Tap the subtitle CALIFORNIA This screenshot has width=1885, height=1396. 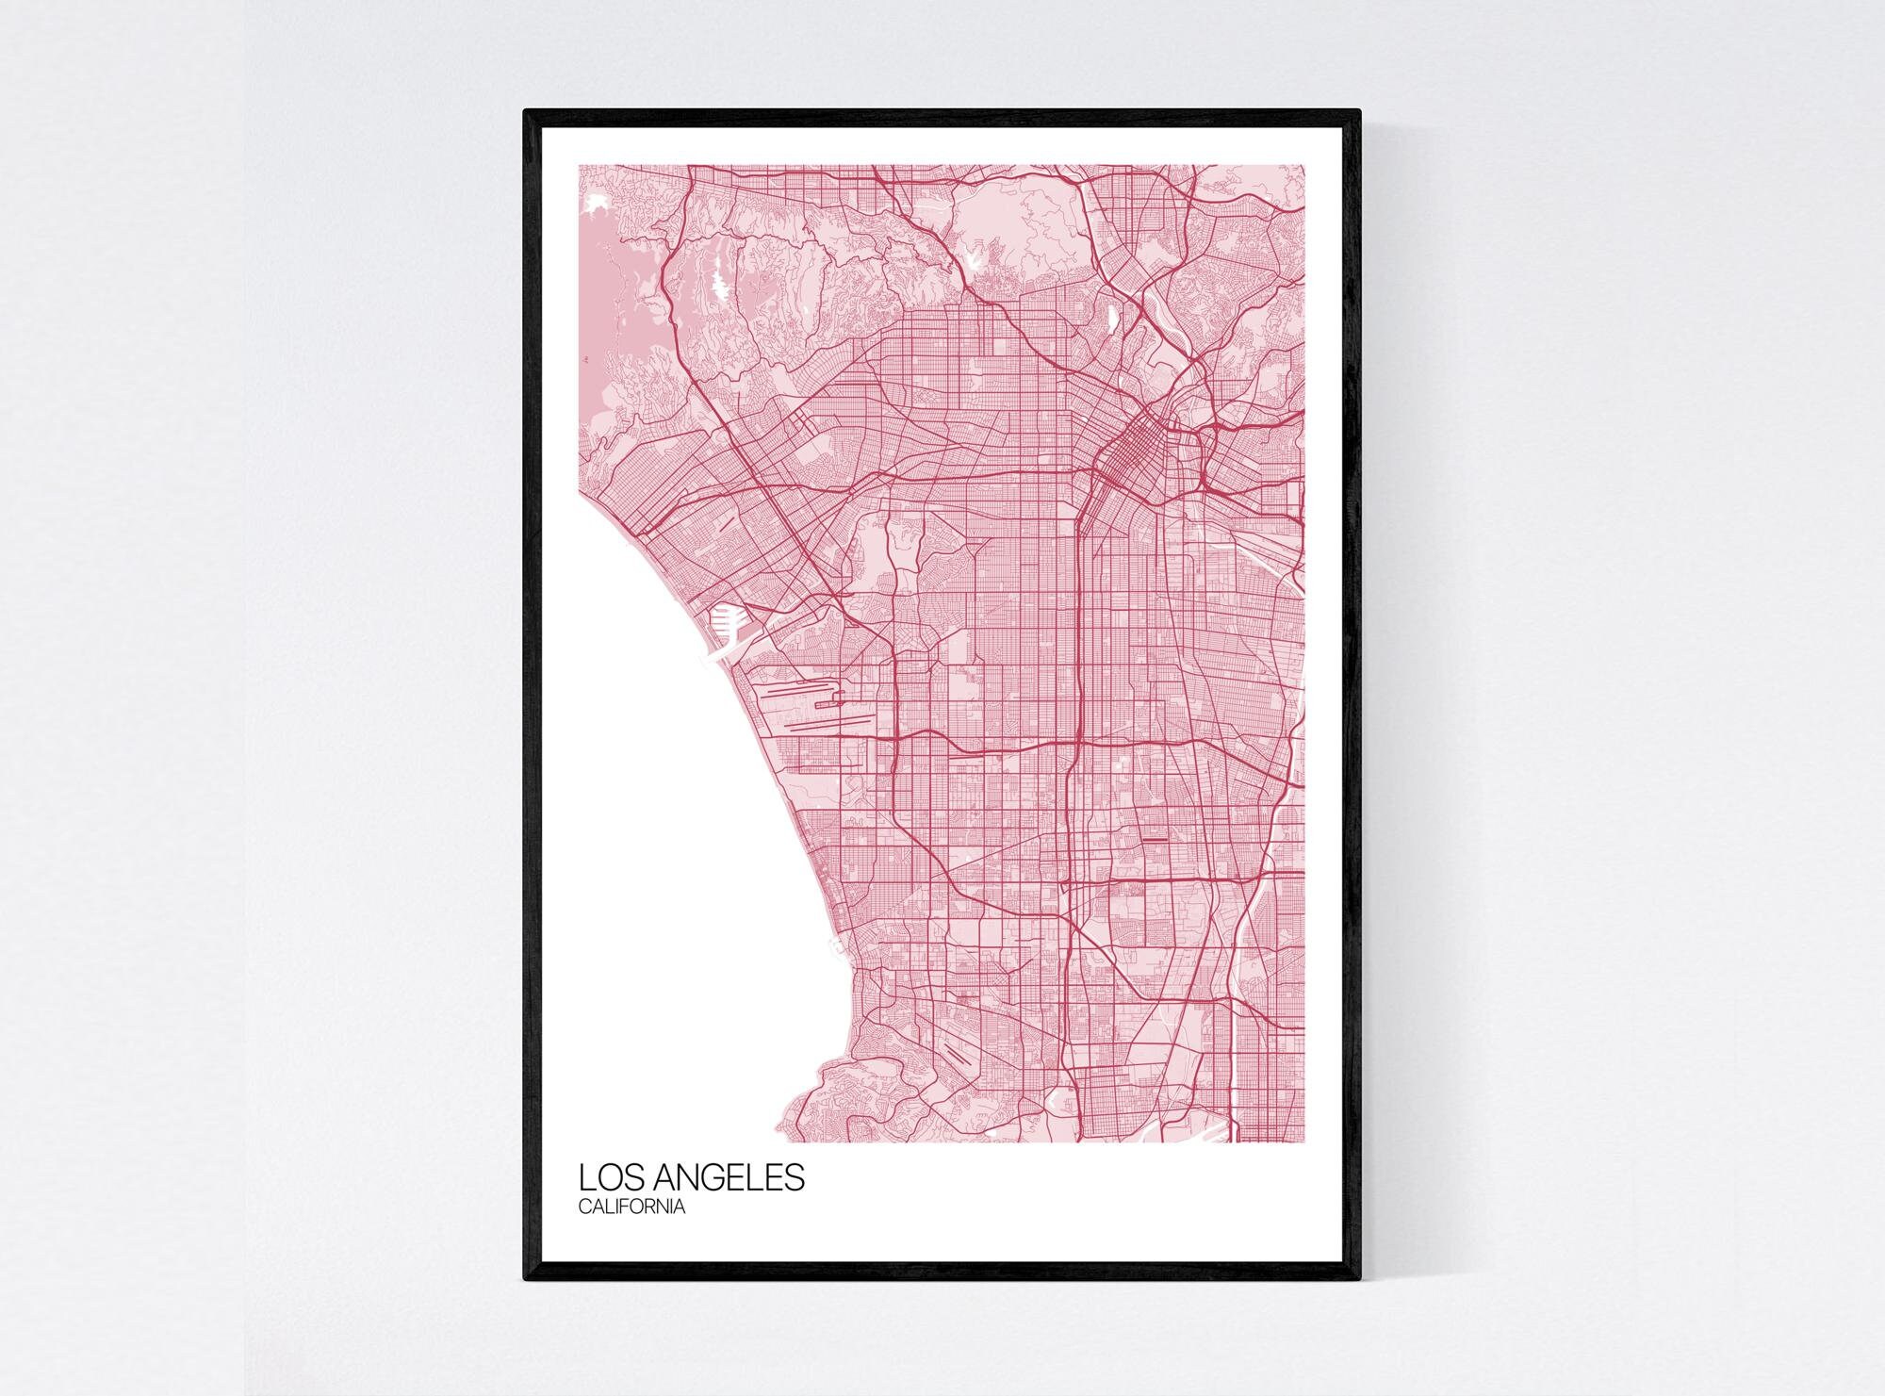pos(631,1207)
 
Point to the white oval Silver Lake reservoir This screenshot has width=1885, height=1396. pos(1111,317)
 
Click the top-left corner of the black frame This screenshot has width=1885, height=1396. pos(526,111)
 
